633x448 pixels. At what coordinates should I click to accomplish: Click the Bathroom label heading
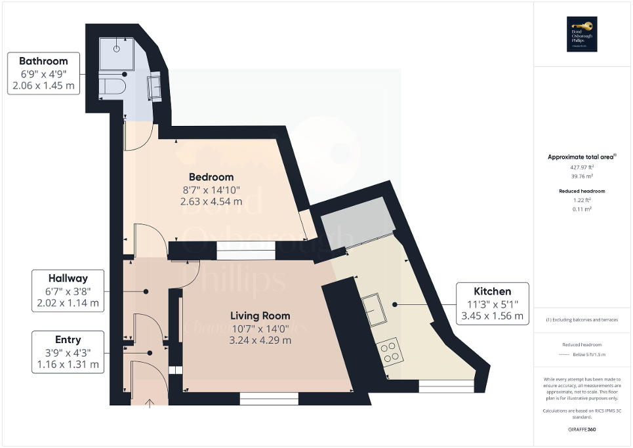[43, 61]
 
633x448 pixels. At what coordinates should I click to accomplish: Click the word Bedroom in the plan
[211, 177]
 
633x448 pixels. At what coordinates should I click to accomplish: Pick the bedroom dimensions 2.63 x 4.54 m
[211, 202]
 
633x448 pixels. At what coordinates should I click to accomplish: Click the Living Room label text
[260, 316]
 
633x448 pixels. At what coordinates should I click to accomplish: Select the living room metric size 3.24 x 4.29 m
[260, 340]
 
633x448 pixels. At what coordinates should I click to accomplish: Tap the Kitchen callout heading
[492, 291]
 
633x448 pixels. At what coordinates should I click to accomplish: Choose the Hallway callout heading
[68, 278]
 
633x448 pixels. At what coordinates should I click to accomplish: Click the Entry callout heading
[68, 340]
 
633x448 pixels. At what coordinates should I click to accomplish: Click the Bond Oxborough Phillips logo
[582, 34]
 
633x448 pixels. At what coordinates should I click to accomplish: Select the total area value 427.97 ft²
[582, 167]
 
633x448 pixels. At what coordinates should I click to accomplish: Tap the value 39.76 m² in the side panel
[582, 176]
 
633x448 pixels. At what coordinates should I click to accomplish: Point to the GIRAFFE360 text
[582, 430]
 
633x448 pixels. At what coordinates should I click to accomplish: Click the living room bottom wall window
[269, 397]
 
